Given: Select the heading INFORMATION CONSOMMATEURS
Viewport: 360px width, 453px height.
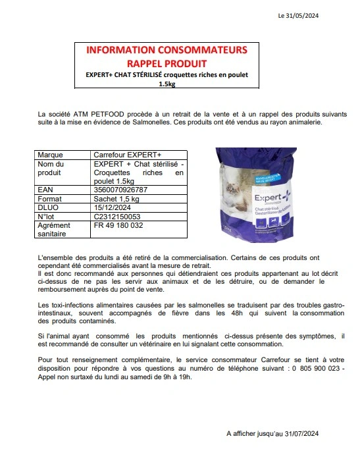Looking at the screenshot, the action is (167, 50).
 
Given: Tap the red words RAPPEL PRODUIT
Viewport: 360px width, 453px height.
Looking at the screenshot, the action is (166, 63).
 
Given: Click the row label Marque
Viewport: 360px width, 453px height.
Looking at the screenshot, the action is (51, 155).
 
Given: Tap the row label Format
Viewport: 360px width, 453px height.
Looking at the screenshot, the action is (50, 198).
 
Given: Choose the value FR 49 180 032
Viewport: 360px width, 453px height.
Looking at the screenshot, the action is (118, 225).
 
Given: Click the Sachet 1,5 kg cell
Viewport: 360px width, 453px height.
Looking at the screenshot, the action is (117, 198).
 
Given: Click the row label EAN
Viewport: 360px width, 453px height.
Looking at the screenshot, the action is (45, 190).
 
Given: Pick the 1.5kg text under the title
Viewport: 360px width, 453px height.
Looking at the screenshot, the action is (167, 84).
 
